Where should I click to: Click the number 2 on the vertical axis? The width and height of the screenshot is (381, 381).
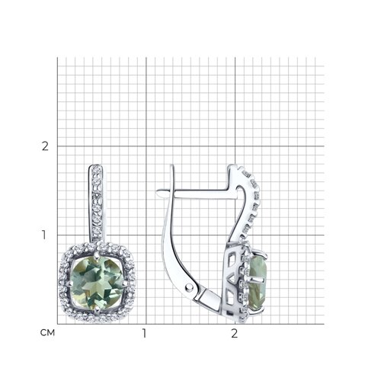point(45,146)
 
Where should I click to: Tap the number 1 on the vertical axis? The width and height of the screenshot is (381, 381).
point(44,235)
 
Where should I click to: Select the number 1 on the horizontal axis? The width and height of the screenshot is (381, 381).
point(145,334)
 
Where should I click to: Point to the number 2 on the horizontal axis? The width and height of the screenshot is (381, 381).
point(235,334)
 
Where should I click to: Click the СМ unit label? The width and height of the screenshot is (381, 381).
point(47,333)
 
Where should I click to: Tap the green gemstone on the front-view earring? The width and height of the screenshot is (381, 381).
point(96,282)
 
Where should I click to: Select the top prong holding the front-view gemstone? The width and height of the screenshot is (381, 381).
point(96,256)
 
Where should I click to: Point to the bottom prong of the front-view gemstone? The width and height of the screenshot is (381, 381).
point(96,309)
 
